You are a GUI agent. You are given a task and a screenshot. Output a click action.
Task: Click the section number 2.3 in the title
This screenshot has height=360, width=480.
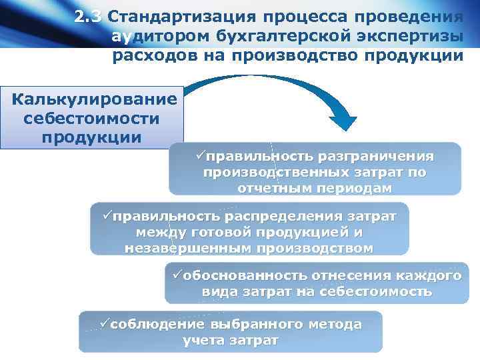click(x=89, y=17)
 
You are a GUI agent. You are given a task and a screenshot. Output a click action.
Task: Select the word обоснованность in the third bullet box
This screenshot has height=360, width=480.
click(x=245, y=275)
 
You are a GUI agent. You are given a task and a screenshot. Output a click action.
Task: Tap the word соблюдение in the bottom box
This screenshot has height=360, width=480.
click(x=157, y=325)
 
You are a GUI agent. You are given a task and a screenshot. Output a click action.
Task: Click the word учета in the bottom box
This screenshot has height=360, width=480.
click(x=203, y=341)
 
